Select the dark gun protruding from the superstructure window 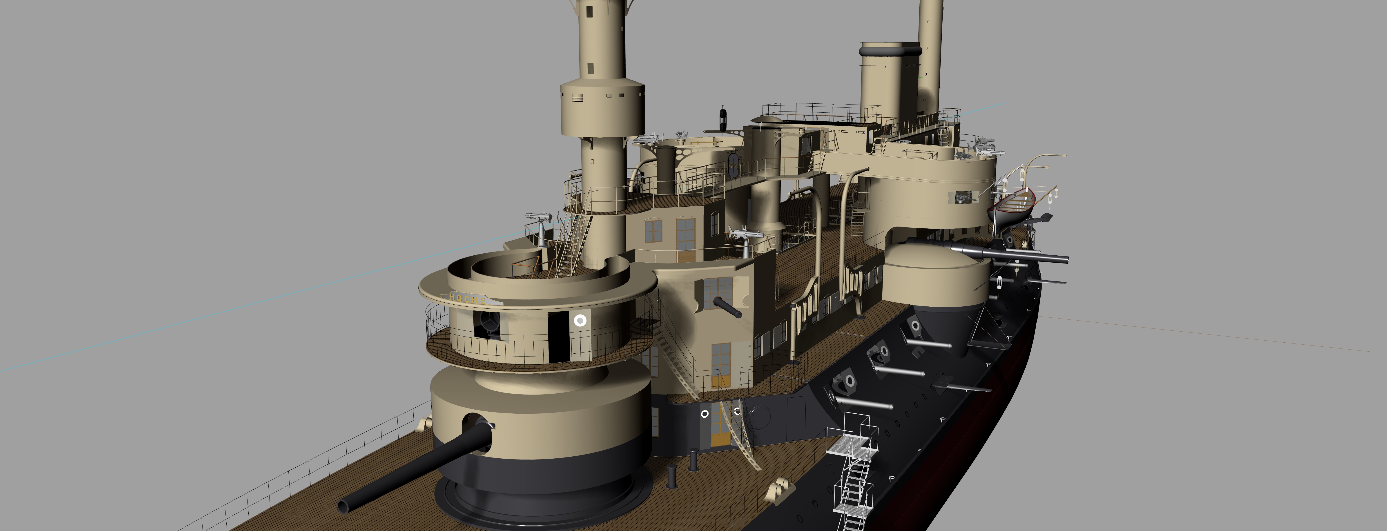coord(727,308)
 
